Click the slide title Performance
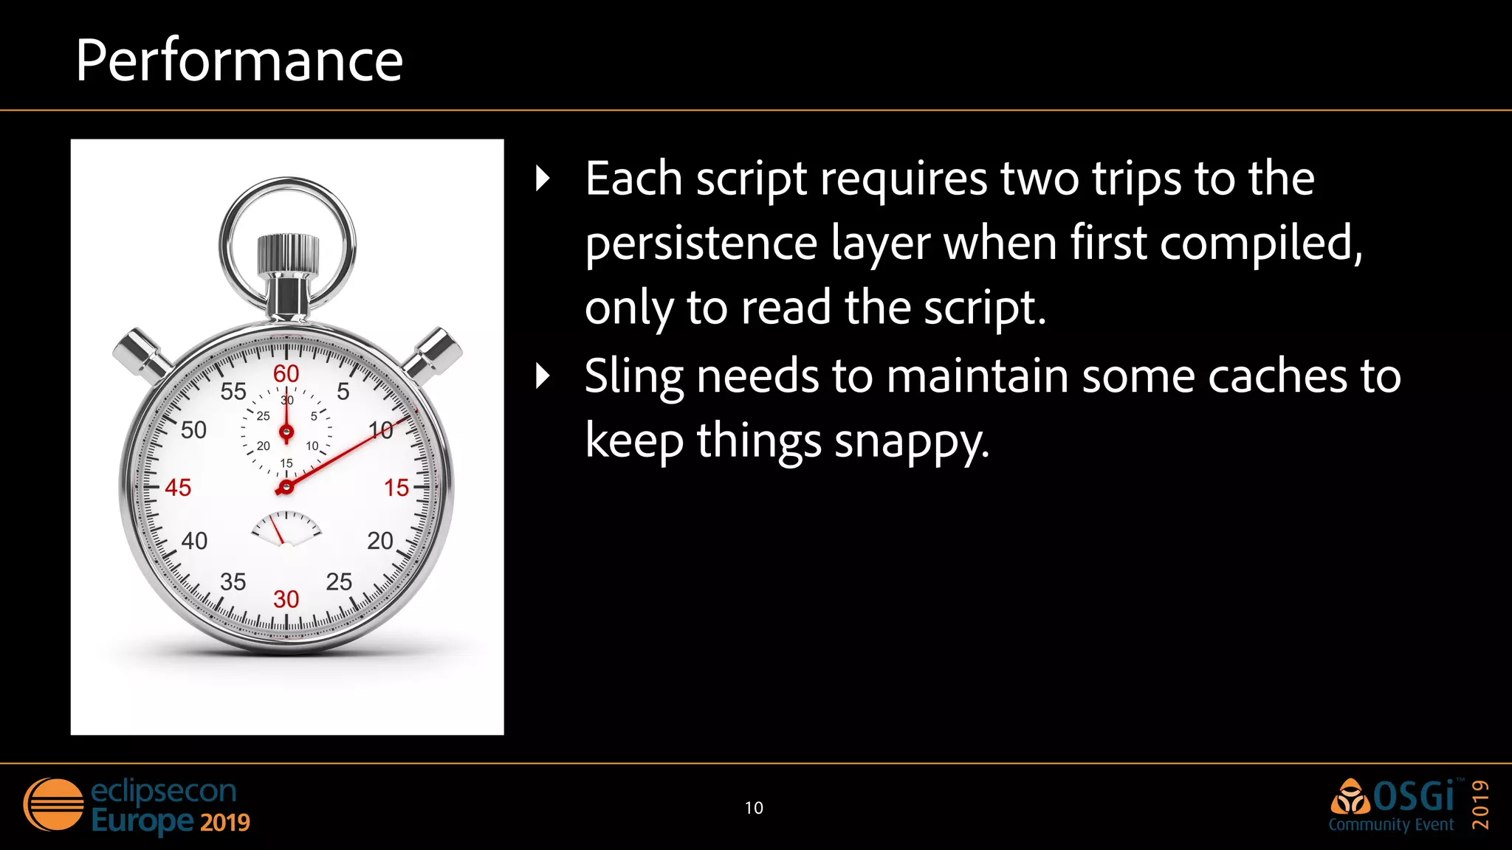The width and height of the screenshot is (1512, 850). [238, 61]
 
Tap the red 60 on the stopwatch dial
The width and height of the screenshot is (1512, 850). [286, 374]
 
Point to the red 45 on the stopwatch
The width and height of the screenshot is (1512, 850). [178, 488]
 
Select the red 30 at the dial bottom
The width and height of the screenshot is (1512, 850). [286, 599]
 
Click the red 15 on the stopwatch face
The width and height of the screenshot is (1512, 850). [396, 488]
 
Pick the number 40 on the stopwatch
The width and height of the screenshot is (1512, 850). [194, 541]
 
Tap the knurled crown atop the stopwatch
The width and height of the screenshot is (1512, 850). [288, 255]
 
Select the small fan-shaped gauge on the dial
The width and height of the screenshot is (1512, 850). [286, 528]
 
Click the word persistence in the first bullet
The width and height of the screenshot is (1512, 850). [701, 243]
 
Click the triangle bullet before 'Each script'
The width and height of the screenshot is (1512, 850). [543, 179]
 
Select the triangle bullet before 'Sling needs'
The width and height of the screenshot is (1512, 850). [543, 376]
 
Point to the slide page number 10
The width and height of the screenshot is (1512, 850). [754, 808]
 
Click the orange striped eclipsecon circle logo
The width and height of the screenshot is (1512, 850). [53, 805]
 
